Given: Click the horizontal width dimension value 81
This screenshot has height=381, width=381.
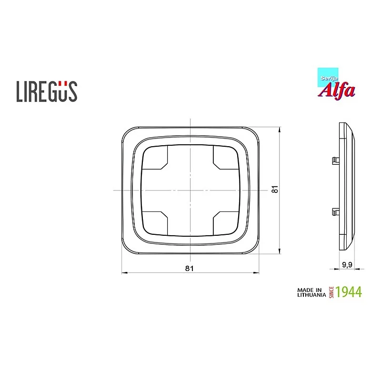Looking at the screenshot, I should [x=189, y=268].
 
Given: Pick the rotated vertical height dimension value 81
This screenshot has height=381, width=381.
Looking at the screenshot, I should [x=275, y=190].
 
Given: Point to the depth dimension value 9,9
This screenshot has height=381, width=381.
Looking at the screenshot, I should [x=347, y=265].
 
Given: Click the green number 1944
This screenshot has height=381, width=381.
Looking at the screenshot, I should [x=349, y=292].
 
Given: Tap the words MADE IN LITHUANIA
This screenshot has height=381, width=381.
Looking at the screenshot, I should [x=311, y=292].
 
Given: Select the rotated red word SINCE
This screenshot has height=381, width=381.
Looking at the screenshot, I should [x=331, y=292].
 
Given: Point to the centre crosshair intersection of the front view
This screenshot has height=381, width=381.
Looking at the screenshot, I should [x=190, y=190].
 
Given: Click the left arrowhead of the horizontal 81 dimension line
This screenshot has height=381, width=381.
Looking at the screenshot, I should [x=124, y=273].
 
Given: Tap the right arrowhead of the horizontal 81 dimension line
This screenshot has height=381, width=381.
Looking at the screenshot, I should [x=257, y=273].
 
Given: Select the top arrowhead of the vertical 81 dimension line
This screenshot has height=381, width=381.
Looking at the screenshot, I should [x=280, y=129].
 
